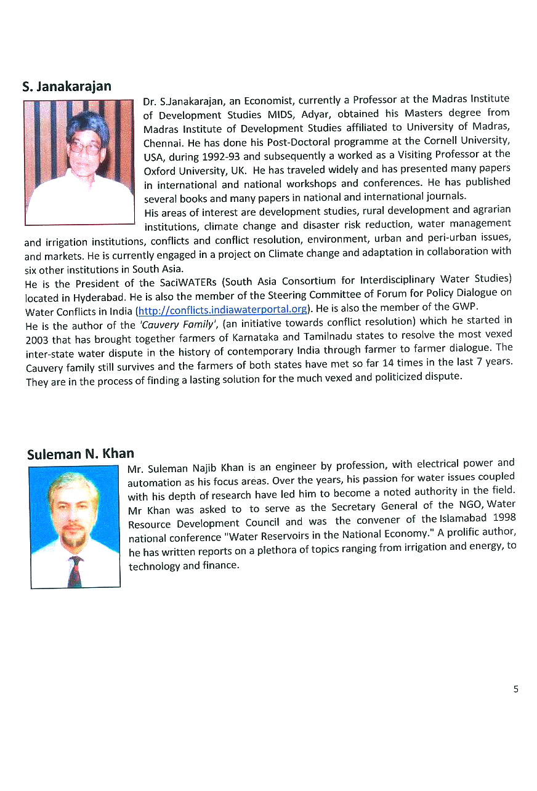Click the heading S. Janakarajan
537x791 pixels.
tap(67, 86)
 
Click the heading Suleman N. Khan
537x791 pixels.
tap(80, 454)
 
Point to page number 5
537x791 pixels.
tap(516, 689)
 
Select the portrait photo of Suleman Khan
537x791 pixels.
tap(75, 527)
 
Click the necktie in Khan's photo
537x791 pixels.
tap(75, 571)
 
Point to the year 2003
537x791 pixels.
tap(38, 340)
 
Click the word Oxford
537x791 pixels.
tap(159, 171)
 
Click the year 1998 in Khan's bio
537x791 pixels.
tap(504, 517)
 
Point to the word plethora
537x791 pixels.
tap(274, 551)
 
